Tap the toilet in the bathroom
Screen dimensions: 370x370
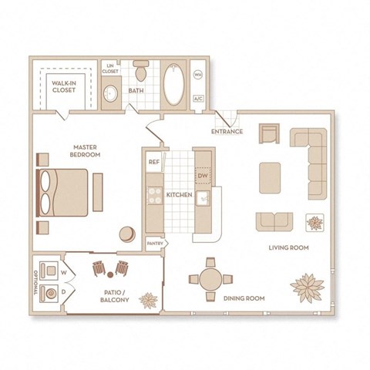tap(140, 72)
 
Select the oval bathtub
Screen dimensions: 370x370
tap(173, 83)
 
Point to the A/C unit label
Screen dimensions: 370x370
tap(198, 99)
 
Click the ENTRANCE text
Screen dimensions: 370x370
tap(227, 132)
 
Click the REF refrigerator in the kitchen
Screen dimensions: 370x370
tap(153, 163)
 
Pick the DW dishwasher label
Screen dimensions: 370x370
tap(203, 177)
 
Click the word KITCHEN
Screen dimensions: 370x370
tap(179, 196)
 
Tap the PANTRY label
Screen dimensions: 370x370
tap(154, 244)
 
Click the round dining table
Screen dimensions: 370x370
tap(210, 279)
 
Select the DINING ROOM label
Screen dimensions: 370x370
tap(244, 298)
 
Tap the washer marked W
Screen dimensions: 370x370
tap(51, 271)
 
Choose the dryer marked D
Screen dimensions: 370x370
tap(51, 293)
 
